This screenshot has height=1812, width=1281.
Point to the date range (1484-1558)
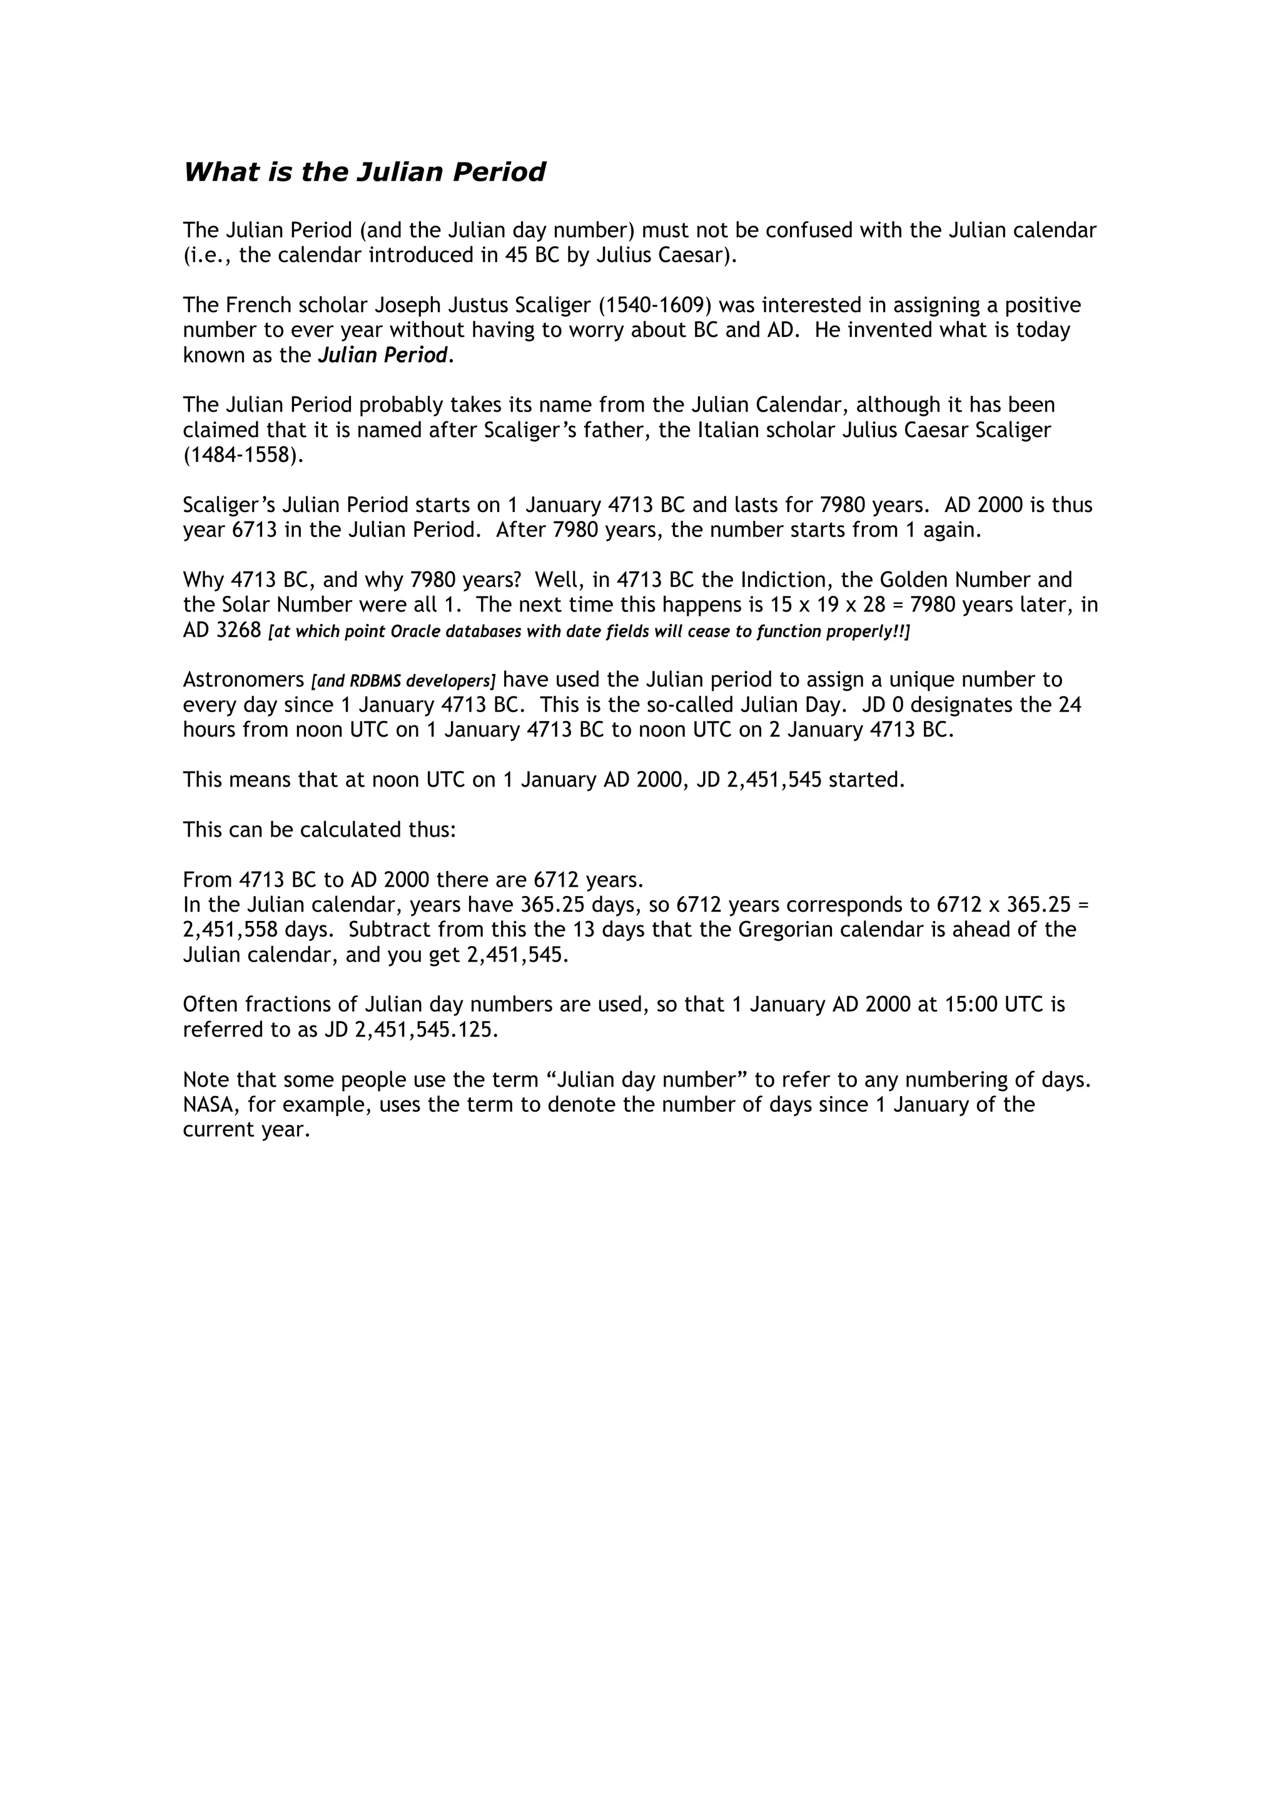pyautogui.click(x=243, y=456)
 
